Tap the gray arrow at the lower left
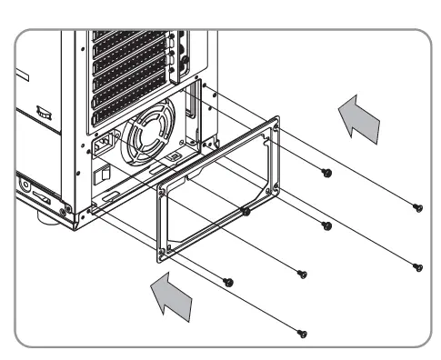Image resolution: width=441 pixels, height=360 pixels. pos(170,300)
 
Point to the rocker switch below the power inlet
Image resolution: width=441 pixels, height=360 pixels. pos(105,172)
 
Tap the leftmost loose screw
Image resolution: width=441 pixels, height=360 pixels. pos(228,280)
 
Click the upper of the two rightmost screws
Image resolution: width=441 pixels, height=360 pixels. pos(416,206)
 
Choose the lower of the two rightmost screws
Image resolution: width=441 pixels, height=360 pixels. pos(417,266)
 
